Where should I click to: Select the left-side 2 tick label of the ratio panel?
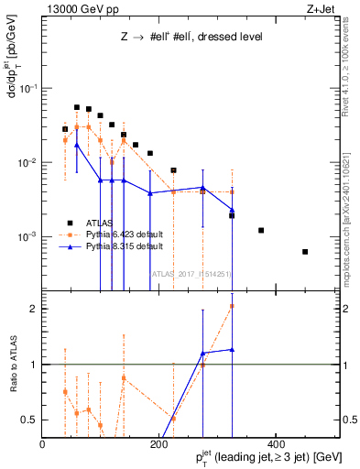coord(34,309)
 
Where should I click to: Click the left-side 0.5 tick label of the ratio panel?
coord(30,420)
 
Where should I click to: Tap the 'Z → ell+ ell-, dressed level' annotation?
coord(191,38)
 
